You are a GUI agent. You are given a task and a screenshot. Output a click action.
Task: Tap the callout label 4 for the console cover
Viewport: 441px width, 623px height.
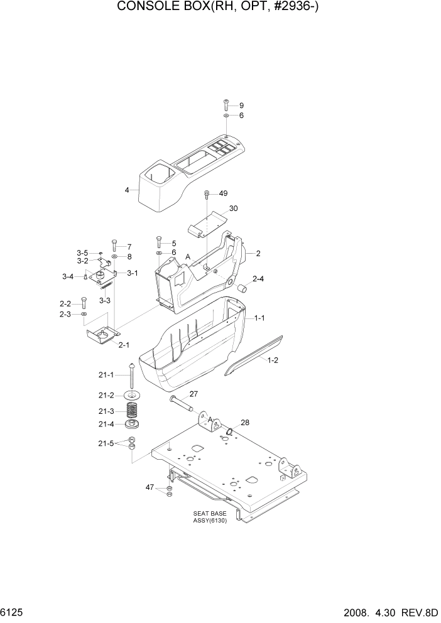click(x=127, y=190)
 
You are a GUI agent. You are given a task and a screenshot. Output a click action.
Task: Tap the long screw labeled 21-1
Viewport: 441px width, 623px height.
click(x=132, y=377)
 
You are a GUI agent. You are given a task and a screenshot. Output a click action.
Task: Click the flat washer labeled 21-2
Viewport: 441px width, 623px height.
click(x=132, y=395)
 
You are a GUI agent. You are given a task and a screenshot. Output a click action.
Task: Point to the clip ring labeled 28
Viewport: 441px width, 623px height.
click(x=231, y=431)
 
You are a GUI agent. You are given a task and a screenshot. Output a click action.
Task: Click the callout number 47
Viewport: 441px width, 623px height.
click(x=150, y=487)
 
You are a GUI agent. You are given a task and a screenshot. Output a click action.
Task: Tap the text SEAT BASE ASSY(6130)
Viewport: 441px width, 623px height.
click(x=210, y=517)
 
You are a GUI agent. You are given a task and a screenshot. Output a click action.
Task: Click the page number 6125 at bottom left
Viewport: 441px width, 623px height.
click(x=13, y=612)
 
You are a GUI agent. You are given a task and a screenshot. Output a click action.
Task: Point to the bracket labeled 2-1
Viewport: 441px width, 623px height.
click(x=102, y=336)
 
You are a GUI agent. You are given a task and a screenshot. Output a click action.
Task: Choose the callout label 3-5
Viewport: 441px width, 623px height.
click(x=83, y=252)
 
